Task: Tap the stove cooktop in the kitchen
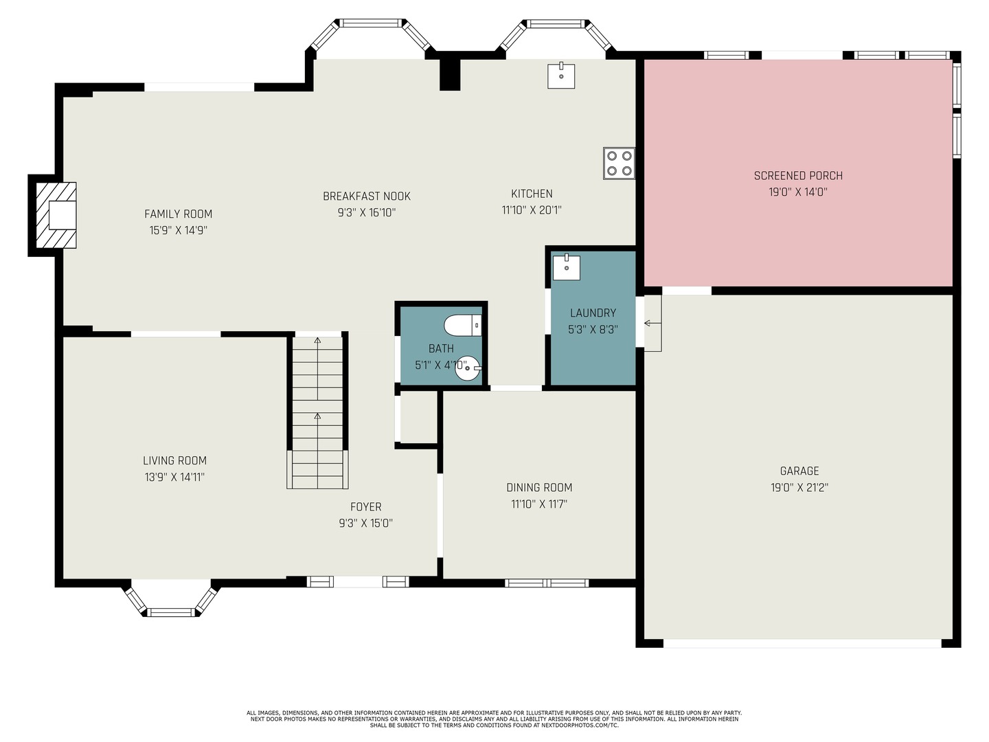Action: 619,164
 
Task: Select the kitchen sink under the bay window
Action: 561,76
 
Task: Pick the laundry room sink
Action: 567,267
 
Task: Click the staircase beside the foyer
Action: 317,412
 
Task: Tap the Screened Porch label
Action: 798,176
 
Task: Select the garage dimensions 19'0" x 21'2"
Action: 799,488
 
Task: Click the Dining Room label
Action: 539,488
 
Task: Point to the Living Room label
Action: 174,461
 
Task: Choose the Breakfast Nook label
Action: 367,196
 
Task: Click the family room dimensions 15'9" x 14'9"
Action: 179,231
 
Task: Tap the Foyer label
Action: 365,507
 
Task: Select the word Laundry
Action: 593,313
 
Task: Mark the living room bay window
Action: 170,601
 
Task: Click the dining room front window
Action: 547,583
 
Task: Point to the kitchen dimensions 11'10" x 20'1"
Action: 532,210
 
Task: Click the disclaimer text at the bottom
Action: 494,719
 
